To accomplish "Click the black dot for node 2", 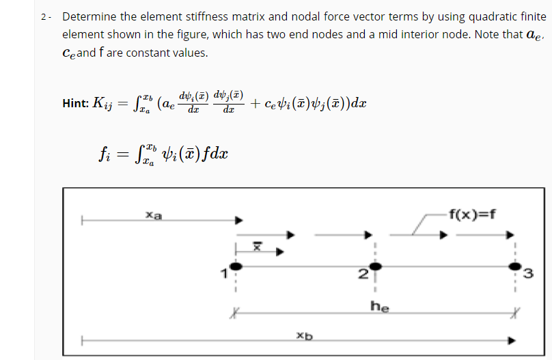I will point(373,266).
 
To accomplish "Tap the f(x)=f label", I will point(473,210).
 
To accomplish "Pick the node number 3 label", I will point(527,275).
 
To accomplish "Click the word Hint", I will point(73,103).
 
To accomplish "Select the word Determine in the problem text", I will point(88,16).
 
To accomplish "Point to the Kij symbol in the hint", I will point(100,103).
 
